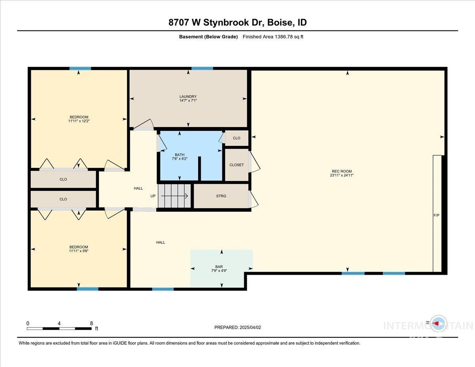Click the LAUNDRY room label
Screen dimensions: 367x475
(x=188, y=97)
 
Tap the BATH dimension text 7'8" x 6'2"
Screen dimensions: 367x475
(x=180, y=159)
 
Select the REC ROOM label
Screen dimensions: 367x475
(x=342, y=171)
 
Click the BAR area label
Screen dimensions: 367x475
(x=221, y=266)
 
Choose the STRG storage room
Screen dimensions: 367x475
(x=221, y=196)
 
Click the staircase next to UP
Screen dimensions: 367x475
(x=174, y=196)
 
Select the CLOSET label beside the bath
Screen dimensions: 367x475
(x=237, y=165)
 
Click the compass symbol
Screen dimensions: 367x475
(x=438, y=323)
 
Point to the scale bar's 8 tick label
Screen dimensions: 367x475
(x=91, y=323)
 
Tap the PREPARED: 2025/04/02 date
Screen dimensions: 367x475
(x=237, y=327)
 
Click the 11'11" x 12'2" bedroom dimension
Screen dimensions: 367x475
(x=79, y=121)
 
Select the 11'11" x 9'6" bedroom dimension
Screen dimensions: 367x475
(x=79, y=251)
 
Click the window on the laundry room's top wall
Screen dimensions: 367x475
(x=202, y=68)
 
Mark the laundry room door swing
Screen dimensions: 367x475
(x=143, y=125)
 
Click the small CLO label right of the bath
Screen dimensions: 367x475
(x=236, y=138)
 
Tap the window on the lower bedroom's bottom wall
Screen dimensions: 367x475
(x=87, y=289)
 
